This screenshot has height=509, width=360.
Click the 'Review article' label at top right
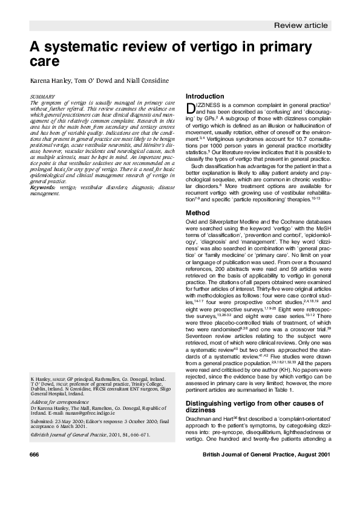(x=301, y=25)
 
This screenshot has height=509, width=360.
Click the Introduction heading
(x=205, y=96)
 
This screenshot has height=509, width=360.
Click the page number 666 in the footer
(x=34, y=470)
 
